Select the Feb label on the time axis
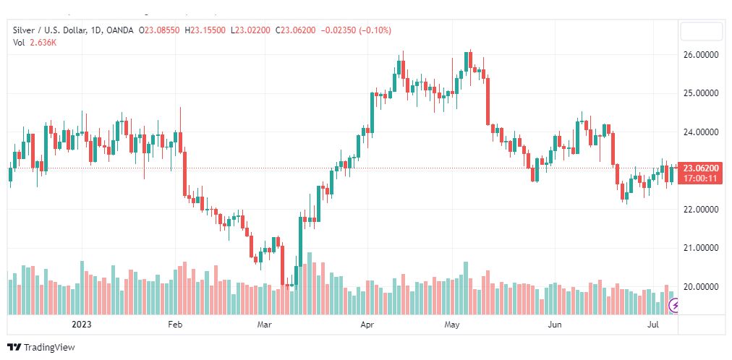(x=176, y=325)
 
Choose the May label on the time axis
(x=452, y=325)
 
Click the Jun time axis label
(x=555, y=325)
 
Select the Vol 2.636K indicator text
(x=35, y=43)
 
